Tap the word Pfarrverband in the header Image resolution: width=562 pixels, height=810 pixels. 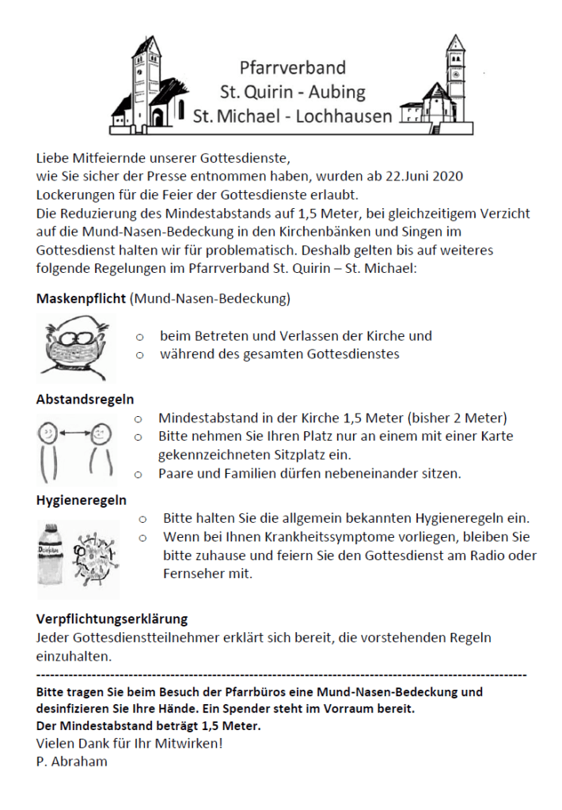(293, 68)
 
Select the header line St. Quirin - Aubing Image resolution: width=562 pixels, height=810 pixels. (293, 92)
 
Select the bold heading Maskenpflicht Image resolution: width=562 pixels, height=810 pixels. (82, 299)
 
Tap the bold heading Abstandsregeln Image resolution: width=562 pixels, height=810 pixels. (85, 399)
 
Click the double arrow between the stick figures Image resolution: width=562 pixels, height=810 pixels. (73, 432)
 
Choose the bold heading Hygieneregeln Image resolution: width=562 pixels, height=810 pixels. (82, 500)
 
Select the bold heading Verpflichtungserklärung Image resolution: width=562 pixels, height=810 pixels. (112, 619)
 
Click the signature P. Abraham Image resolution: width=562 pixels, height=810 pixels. (71, 762)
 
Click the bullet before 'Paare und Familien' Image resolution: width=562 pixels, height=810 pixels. (139, 474)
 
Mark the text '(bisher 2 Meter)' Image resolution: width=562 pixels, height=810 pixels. (458, 418)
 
